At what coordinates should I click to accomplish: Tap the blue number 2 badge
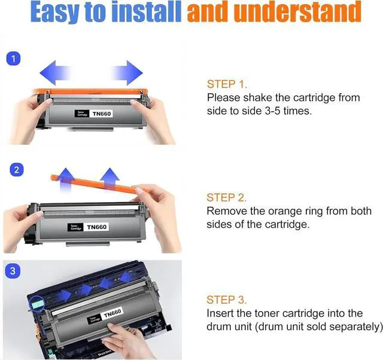click(x=16, y=170)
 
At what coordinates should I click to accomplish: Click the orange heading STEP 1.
click(x=227, y=84)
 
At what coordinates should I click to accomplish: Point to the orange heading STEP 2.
click(x=227, y=197)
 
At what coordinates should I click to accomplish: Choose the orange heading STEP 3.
click(x=227, y=300)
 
